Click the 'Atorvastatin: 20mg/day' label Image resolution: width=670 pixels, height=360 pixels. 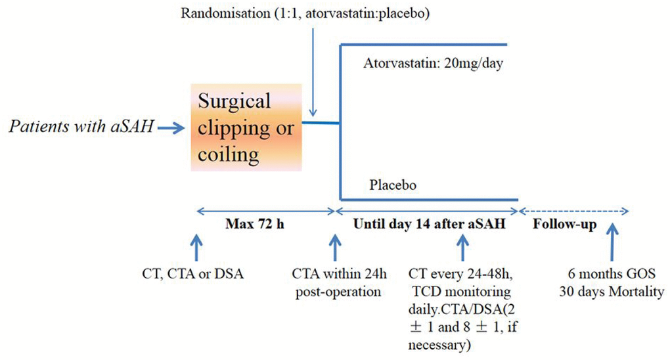(437, 63)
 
